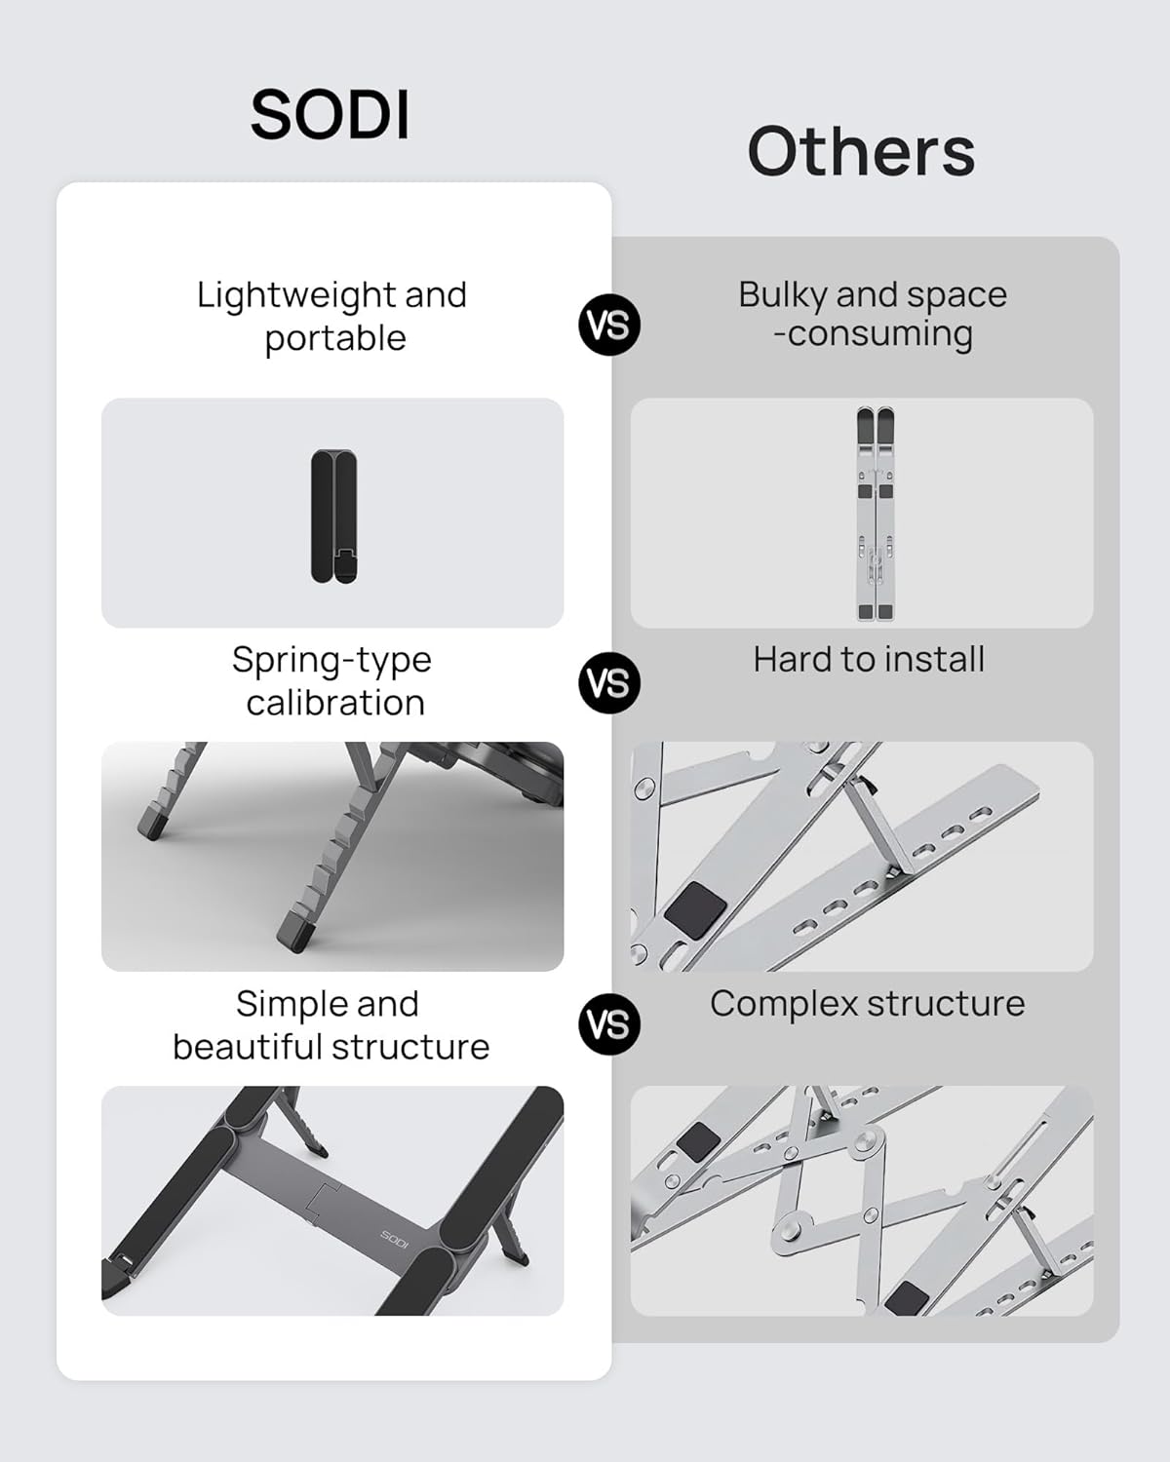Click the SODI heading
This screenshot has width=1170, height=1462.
pyautogui.click(x=331, y=115)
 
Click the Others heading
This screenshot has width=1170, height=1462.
pyautogui.click(x=861, y=151)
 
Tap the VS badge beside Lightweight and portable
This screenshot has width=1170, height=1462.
pyautogui.click(x=609, y=325)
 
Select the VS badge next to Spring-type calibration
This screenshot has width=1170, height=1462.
pyautogui.click(x=609, y=683)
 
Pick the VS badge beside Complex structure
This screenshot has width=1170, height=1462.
pyautogui.click(x=609, y=1024)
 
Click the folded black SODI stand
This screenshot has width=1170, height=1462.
pyautogui.click(x=333, y=516)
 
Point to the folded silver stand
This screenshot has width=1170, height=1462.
pyautogui.click(x=875, y=514)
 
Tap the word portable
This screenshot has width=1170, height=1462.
pyautogui.click(x=335, y=338)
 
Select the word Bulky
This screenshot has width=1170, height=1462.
pyautogui.click(x=782, y=294)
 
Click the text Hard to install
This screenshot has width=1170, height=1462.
pyautogui.click(x=869, y=660)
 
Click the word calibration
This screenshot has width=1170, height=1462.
pyautogui.click(x=335, y=703)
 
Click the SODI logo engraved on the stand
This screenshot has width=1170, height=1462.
pyautogui.click(x=394, y=1240)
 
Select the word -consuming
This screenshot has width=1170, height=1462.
pyautogui.click(x=873, y=334)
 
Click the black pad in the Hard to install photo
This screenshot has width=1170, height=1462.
pyautogui.click(x=695, y=909)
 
